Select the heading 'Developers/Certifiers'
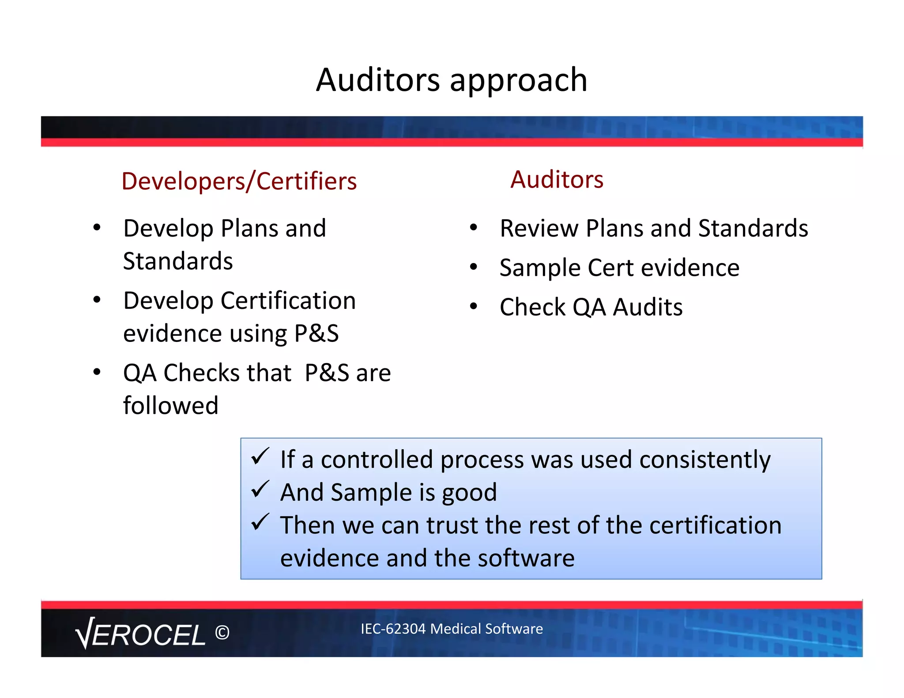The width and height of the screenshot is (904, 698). [239, 181]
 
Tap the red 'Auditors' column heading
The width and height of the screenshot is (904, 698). [557, 180]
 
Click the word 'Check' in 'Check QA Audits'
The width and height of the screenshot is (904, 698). [532, 307]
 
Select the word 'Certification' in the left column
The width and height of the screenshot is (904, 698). [288, 301]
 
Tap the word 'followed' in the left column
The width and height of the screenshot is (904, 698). [171, 405]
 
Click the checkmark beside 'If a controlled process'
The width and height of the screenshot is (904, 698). [260, 457]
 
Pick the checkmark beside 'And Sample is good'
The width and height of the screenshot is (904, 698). [260, 489]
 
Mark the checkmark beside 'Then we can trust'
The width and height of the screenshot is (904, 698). [260, 522]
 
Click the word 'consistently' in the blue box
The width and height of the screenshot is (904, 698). [705, 460]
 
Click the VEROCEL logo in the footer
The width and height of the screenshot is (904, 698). [140, 634]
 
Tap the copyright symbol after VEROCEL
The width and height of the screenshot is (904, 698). [222, 633]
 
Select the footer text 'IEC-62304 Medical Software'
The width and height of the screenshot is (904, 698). [452, 629]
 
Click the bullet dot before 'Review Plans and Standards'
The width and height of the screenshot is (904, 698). [474, 228]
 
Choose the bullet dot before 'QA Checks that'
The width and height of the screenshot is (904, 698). [97, 372]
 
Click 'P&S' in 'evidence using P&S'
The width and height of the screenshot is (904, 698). [316, 334]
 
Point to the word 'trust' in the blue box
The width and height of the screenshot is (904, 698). [452, 525]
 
